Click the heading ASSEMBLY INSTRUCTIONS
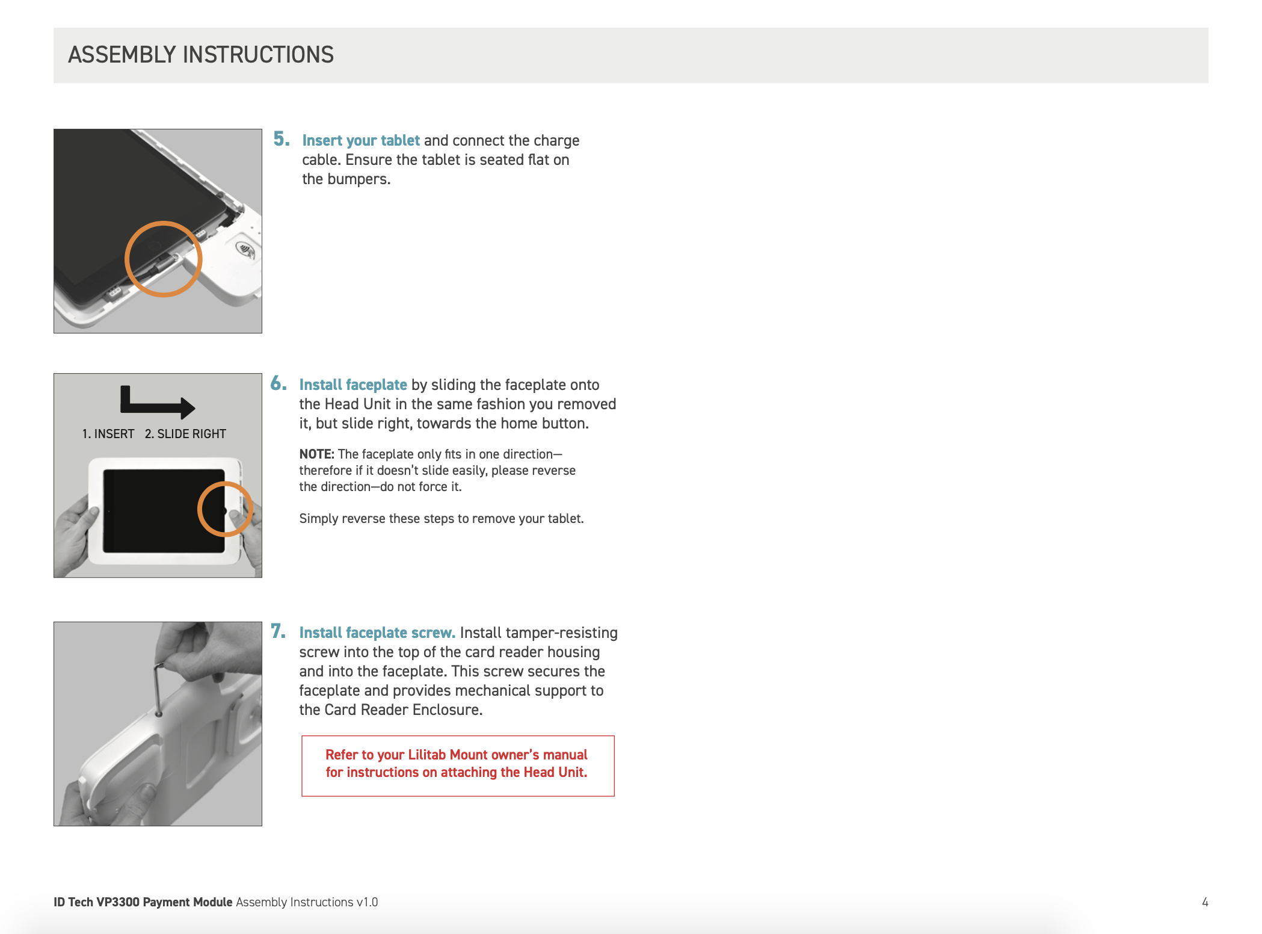point(200,55)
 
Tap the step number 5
point(281,139)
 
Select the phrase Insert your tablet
point(360,140)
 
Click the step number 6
point(278,383)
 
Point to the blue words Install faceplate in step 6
point(353,385)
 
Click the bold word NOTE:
point(316,454)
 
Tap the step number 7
point(278,631)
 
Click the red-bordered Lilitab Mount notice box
point(457,765)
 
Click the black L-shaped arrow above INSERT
point(155,403)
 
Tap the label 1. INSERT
point(108,434)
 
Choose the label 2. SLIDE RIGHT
point(185,434)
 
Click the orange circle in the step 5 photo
point(163,259)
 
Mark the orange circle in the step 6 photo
point(225,509)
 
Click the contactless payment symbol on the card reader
point(245,249)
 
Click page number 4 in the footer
point(1205,902)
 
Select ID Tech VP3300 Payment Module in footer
point(143,902)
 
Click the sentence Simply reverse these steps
point(441,519)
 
